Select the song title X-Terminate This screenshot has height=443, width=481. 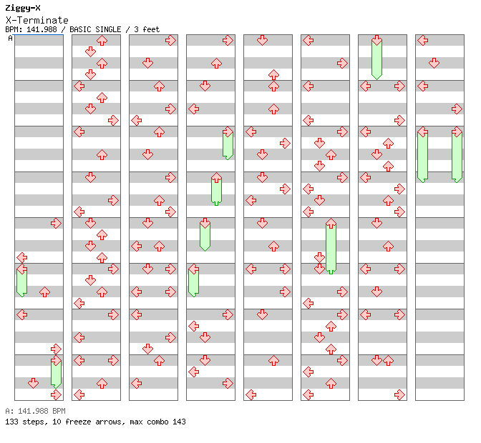coord(37,20)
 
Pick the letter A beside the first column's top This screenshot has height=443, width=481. coord(10,38)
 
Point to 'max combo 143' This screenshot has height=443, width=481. coord(158,422)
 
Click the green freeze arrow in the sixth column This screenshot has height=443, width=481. coord(331,247)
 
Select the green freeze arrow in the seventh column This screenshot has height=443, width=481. coord(376,58)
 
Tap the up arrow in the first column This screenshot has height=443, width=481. coord(44,292)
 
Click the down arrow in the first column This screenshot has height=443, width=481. coord(33,384)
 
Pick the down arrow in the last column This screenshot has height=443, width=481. coord(434,64)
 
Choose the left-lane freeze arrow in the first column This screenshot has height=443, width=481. coord(21,281)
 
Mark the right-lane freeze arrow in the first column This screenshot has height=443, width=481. coord(56,372)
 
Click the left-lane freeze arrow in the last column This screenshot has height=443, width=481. coord(422,155)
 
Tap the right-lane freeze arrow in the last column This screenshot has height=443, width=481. coord(457,155)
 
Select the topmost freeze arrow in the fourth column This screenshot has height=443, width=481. coord(228,144)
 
